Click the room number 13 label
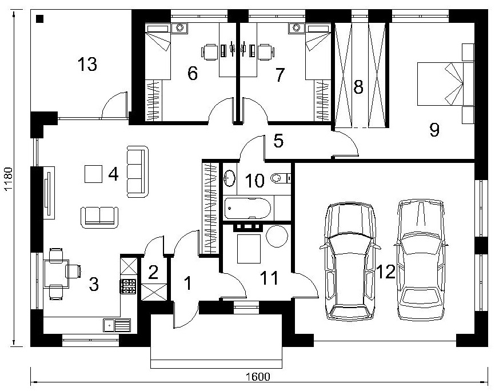87,64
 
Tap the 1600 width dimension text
258,377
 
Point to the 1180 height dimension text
8,179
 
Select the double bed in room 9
445,83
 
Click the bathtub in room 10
247,208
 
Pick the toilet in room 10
281,178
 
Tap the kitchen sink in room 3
117,325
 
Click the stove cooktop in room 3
128,286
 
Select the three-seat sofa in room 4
138,171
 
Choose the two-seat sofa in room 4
99,217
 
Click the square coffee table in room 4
93,174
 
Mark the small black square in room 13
40,19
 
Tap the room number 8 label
358,87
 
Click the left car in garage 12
350,261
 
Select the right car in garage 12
421,260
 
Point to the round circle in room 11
277,236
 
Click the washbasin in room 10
230,178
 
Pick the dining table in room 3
57,273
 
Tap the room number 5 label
278,141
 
